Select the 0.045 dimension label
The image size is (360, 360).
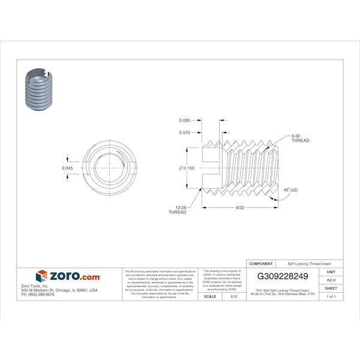(68, 168)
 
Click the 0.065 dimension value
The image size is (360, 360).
(185, 120)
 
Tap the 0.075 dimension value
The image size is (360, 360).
(185, 133)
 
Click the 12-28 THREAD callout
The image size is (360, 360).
(178, 209)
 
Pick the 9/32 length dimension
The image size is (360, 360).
(240, 208)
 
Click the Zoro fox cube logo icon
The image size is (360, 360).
(41, 276)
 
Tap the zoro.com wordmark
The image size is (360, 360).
(75, 276)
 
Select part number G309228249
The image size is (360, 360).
(283, 277)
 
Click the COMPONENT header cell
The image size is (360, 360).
(261, 263)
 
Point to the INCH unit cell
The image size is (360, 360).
(331, 280)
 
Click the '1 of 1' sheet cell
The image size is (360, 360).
(331, 297)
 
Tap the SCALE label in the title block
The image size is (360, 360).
(210, 296)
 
